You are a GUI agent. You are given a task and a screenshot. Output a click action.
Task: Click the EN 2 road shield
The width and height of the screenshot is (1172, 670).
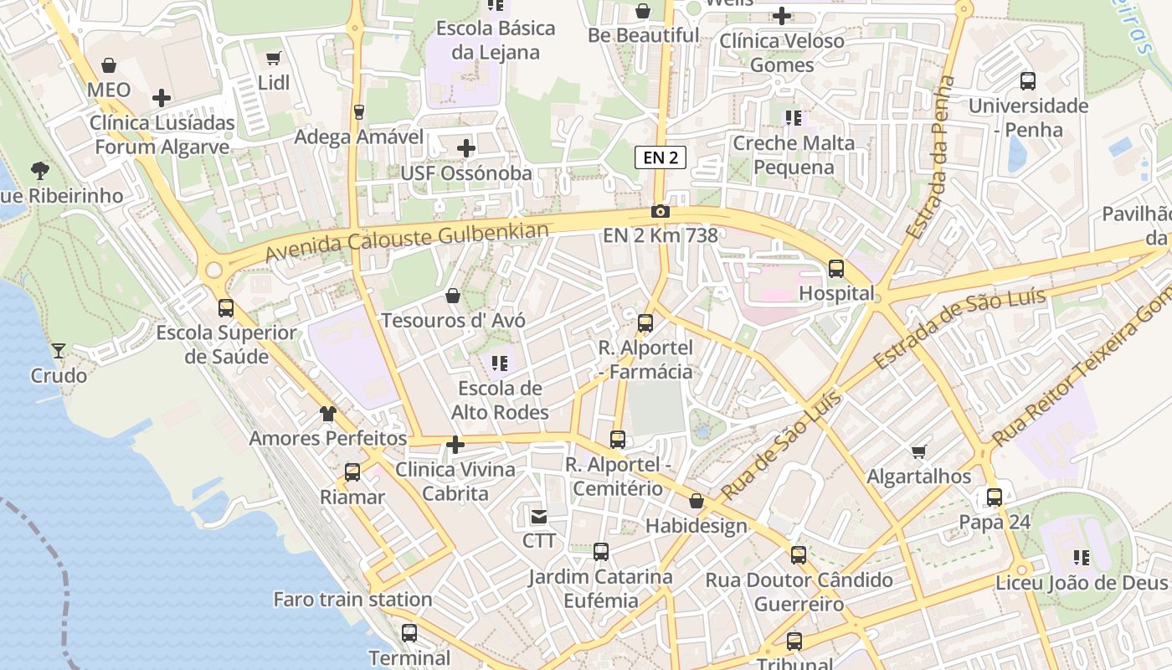(660, 157)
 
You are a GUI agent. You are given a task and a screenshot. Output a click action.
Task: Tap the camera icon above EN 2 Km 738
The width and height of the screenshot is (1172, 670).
(661, 211)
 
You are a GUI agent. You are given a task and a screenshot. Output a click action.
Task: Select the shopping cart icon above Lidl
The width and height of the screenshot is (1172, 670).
(273, 58)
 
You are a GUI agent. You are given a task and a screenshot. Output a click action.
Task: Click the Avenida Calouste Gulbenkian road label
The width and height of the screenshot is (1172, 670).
(408, 242)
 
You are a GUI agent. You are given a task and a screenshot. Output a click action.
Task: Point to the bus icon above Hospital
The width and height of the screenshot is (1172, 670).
(835, 269)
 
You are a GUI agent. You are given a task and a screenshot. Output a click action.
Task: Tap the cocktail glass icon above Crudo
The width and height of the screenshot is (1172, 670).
(59, 351)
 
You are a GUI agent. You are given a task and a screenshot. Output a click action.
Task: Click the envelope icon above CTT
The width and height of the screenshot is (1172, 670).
(538, 517)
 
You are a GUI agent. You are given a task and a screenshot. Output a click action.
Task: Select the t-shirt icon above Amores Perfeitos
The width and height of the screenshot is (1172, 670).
(328, 414)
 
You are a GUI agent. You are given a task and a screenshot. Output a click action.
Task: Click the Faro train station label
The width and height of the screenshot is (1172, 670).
(352, 600)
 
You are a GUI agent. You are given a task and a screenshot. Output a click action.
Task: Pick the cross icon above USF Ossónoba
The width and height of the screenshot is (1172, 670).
(466, 148)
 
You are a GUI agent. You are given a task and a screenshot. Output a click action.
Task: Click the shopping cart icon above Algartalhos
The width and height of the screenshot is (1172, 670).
(919, 452)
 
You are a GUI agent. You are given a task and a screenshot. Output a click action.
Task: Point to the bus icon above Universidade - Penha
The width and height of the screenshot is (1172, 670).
(1028, 81)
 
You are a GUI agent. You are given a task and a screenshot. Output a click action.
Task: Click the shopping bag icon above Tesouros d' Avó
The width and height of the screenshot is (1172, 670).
(453, 296)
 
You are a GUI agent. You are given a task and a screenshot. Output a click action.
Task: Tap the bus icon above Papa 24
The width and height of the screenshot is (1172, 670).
(994, 497)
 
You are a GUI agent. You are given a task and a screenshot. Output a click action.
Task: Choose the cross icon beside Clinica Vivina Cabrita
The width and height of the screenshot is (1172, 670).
(455, 445)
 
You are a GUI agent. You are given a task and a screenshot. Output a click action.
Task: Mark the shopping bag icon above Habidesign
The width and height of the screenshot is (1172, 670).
(697, 502)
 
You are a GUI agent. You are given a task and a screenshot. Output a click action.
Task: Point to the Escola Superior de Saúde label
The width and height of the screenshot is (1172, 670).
(226, 344)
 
